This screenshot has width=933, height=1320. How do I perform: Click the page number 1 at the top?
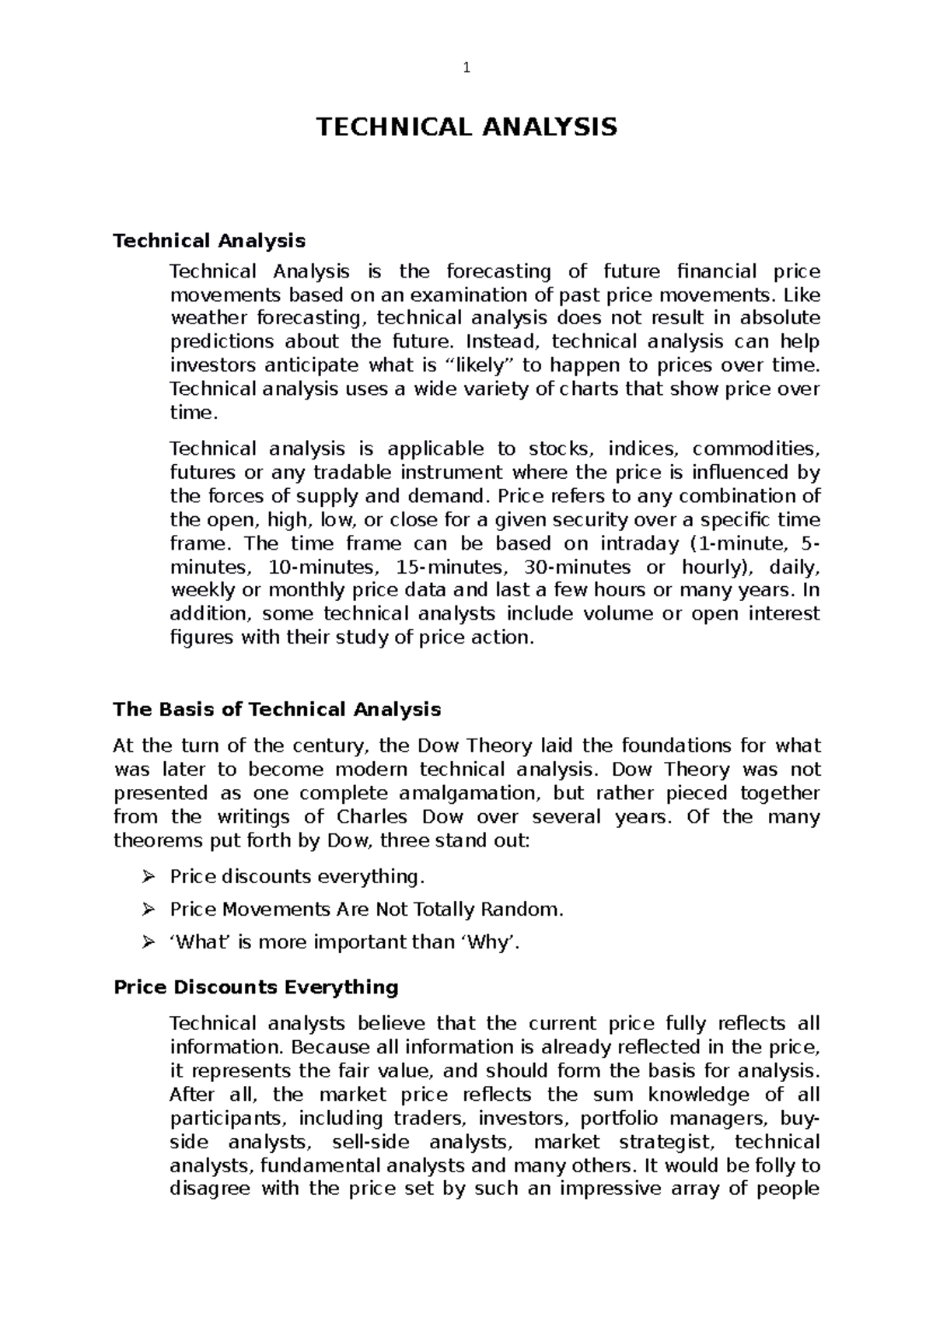[x=466, y=68]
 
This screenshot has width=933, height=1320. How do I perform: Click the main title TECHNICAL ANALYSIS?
[x=466, y=126]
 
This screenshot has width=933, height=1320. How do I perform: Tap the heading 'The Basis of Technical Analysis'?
[x=277, y=709]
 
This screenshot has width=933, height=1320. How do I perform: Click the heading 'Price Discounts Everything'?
[x=256, y=987]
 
